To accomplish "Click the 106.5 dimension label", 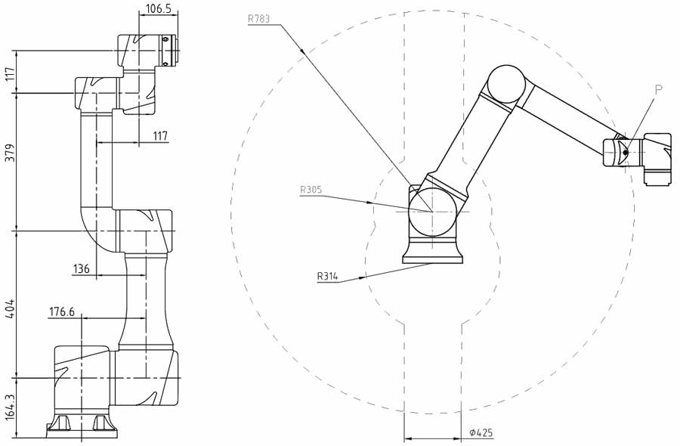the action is (x=159, y=8).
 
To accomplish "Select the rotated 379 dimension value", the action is (x=10, y=153).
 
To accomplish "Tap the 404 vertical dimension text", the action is (x=10, y=307).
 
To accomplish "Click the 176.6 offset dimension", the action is (x=62, y=311).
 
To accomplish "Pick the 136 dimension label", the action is (x=81, y=269).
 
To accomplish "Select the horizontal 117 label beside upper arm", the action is (x=160, y=136).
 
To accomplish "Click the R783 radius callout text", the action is (x=259, y=19).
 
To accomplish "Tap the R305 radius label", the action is (x=311, y=190).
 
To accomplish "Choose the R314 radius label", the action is (x=327, y=276).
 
